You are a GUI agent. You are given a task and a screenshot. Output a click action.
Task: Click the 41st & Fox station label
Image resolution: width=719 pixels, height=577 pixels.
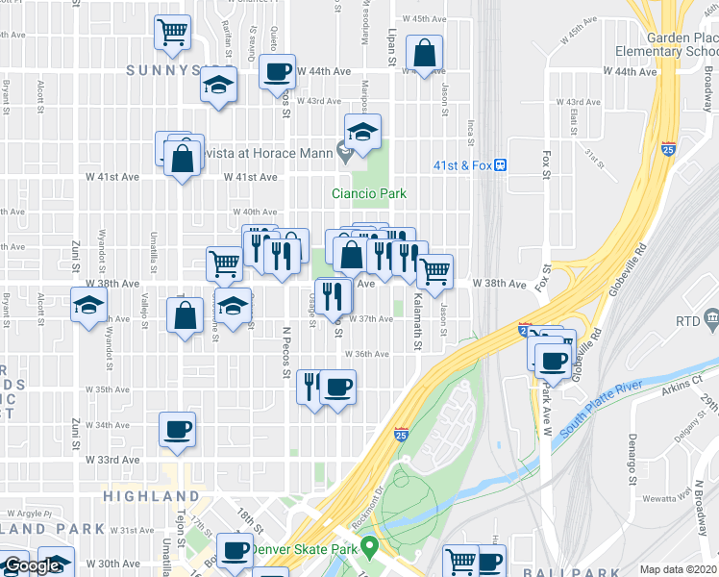[462, 165]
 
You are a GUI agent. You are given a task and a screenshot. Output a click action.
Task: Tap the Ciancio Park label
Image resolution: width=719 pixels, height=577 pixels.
[368, 193]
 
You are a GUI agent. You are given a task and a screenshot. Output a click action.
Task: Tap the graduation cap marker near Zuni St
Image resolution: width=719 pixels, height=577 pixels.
[89, 306]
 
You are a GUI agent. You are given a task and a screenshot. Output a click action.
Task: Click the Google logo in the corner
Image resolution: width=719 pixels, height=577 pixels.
[32, 566]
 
